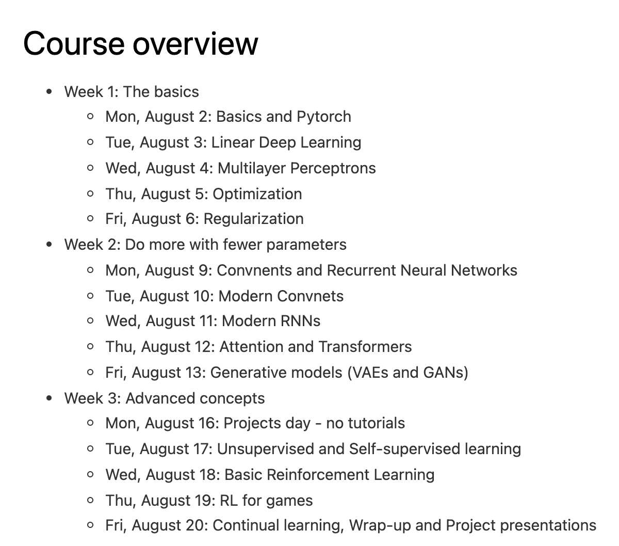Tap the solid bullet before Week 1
coord(50,92)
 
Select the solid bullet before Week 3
coord(50,398)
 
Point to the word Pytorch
coord(324,117)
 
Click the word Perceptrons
coord(333,168)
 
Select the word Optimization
coord(257,194)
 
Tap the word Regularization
coord(253,219)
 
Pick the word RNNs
coord(300,321)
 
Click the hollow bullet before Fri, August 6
coord(91,219)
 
